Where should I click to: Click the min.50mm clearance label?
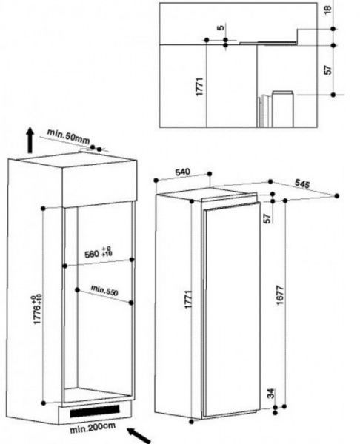click(x=68, y=136)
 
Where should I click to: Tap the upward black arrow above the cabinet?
click(x=30, y=140)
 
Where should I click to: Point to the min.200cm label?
click(x=93, y=428)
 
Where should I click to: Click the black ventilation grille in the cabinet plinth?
click(x=95, y=411)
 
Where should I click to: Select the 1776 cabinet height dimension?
click(x=38, y=309)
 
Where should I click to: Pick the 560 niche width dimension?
click(x=99, y=252)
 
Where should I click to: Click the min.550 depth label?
click(x=104, y=291)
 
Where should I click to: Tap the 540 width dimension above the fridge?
click(x=183, y=172)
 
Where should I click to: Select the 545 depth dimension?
click(x=302, y=184)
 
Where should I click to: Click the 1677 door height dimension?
click(x=280, y=295)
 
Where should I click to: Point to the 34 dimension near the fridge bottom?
click(x=271, y=394)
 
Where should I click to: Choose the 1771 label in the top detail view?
click(x=199, y=87)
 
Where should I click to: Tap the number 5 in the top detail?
click(x=221, y=28)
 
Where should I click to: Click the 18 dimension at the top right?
click(x=327, y=10)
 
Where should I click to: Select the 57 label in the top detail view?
click(x=327, y=70)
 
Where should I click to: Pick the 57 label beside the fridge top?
click(x=267, y=218)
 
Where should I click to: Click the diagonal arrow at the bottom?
click(x=139, y=436)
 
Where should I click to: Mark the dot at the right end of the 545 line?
click(x=337, y=195)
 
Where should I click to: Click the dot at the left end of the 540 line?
click(x=156, y=181)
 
